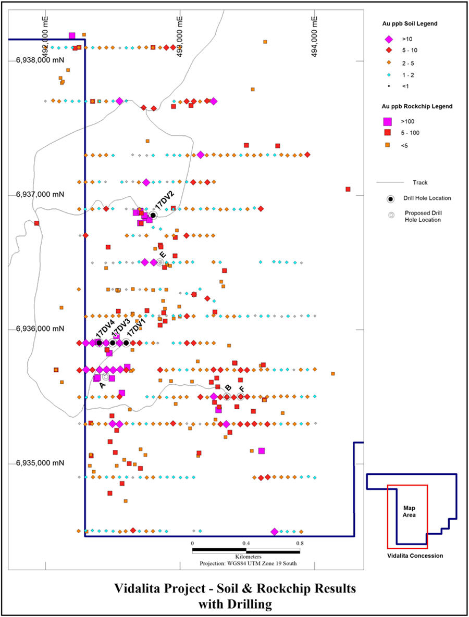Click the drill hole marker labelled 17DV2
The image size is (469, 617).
pos(153,215)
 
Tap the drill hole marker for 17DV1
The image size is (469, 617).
pos(126,343)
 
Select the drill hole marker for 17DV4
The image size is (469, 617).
pos(99,343)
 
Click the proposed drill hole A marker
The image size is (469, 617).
pos(105,376)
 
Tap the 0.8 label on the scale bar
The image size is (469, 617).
pos(300,543)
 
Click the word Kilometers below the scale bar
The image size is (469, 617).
pos(246,557)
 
